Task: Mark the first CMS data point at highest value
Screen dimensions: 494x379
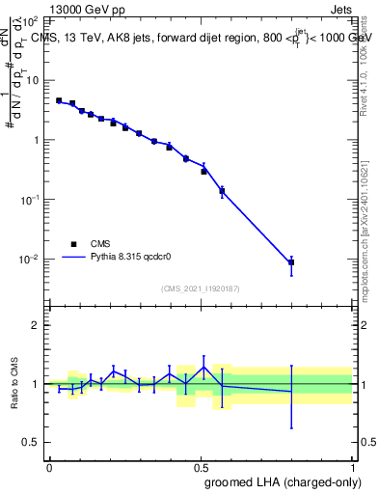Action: click(59, 100)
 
